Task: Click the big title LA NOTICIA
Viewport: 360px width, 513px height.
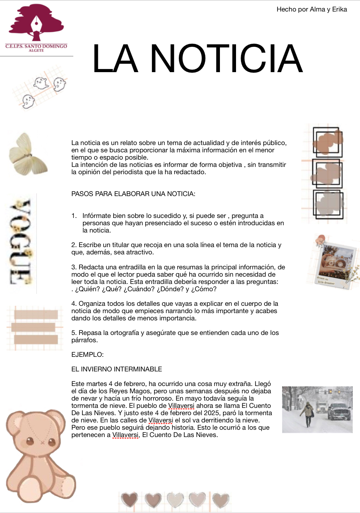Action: pos(198,58)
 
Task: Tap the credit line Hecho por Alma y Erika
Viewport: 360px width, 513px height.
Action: pos(312,10)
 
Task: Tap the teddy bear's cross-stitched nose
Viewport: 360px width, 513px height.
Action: pos(41,441)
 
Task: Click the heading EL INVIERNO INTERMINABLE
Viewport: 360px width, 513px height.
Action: pos(117,369)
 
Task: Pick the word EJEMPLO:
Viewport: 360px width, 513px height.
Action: pos(88,355)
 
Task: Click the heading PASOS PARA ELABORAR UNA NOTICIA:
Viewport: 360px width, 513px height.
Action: pos(133,194)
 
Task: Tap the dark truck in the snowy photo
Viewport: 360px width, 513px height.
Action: pos(339,411)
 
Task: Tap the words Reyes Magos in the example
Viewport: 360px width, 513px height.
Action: pos(130,391)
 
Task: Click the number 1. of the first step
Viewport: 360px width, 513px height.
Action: pos(74,216)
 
